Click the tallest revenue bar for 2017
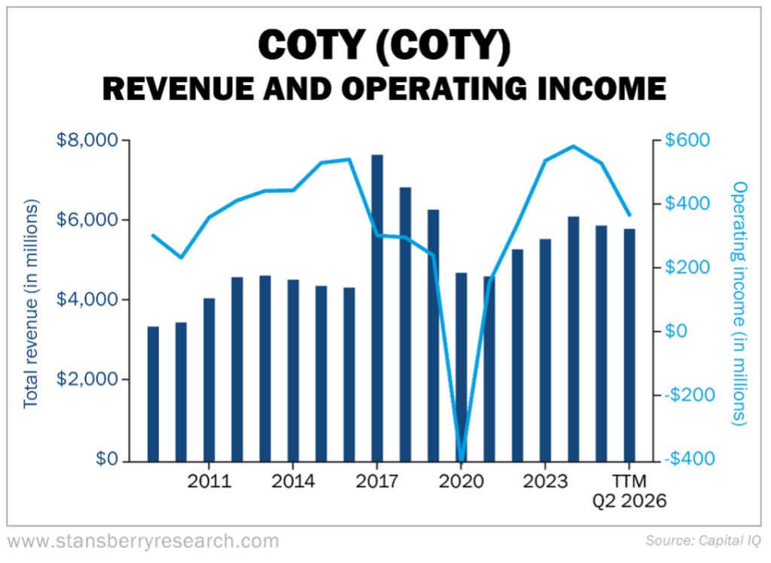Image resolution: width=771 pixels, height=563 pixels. click(x=377, y=309)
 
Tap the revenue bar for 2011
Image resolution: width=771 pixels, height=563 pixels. click(x=209, y=380)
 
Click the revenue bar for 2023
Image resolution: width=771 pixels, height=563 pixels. click(x=545, y=351)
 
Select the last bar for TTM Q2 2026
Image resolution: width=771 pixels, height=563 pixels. click(x=629, y=345)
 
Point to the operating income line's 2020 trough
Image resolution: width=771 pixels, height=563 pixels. click(x=461, y=458)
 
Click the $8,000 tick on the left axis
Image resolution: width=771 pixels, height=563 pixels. click(x=87, y=141)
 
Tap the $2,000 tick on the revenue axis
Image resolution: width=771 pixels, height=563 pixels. click(x=87, y=379)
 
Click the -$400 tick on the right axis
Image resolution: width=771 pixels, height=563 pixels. click(x=685, y=458)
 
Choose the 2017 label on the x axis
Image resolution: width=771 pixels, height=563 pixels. click(x=377, y=481)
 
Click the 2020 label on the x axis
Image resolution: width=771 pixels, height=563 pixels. click(x=462, y=481)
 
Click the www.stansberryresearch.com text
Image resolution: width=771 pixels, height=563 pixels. click(x=143, y=540)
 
